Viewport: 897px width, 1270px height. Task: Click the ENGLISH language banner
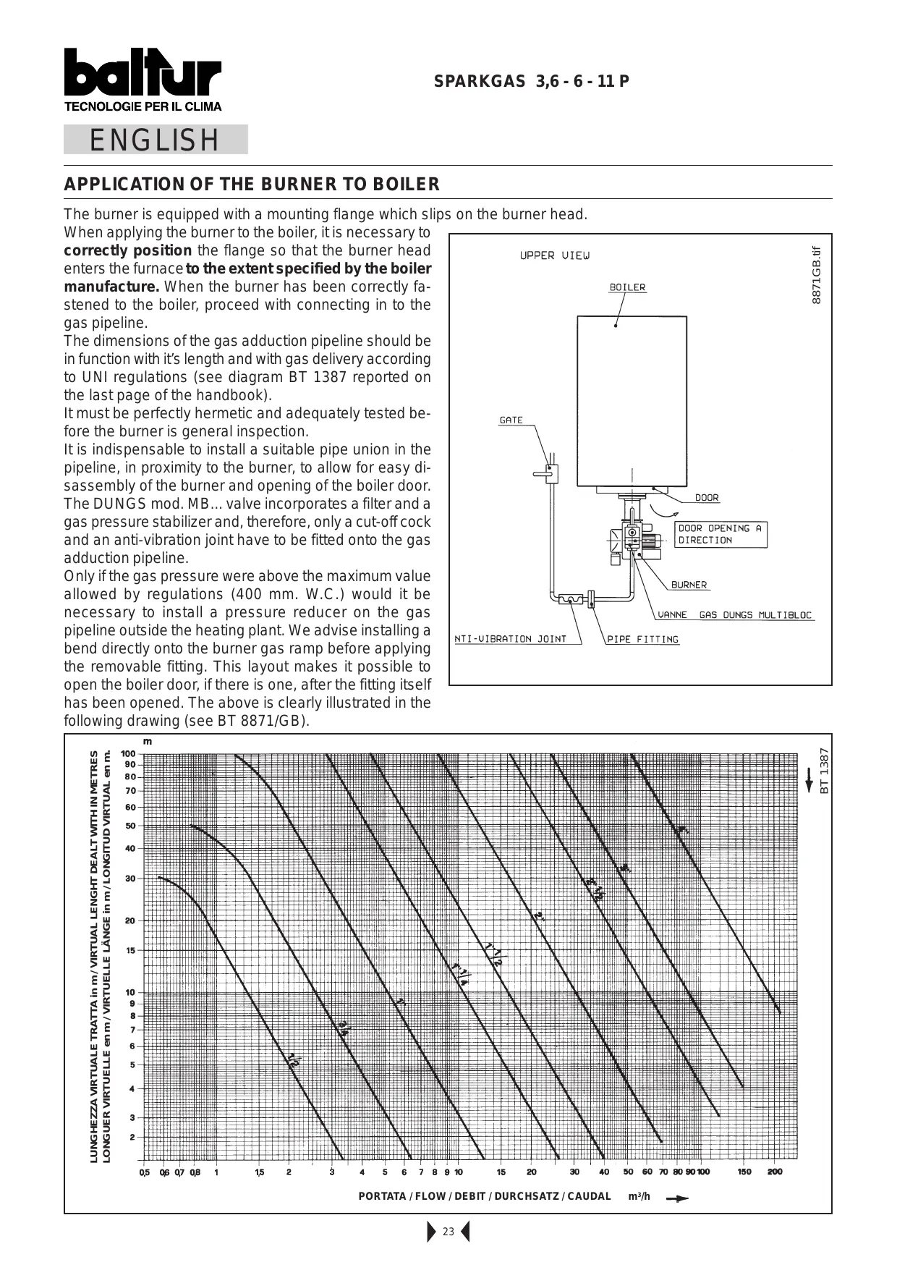pos(155,140)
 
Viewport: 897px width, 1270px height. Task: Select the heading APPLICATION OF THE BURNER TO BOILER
pos(252,185)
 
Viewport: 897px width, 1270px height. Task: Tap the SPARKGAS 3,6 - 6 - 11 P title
pos(531,81)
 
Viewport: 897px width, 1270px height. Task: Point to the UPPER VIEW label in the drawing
pos(555,255)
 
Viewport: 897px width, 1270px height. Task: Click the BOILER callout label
pos(627,287)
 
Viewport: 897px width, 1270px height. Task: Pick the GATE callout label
pos(511,420)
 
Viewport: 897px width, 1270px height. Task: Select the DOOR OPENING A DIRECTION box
pos(720,534)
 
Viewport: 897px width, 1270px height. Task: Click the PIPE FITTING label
pos(643,639)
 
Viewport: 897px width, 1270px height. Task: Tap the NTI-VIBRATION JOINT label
pos(511,639)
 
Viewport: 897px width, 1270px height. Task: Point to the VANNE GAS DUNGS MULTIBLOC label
pos(735,615)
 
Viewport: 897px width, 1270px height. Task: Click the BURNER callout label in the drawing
pos(689,585)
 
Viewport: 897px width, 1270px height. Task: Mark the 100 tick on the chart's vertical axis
pos(128,754)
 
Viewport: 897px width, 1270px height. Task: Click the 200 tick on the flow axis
pos(775,1172)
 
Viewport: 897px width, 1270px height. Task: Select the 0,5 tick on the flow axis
pos(145,1172)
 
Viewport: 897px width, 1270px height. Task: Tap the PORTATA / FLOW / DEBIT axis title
pos(484,1196)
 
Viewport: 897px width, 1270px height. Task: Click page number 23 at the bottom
pos(448,1232)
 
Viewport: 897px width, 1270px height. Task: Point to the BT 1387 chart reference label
pos(824,771)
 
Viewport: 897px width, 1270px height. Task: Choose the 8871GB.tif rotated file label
pos(817,276)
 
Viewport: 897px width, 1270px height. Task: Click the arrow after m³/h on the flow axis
pos(677,1198)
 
